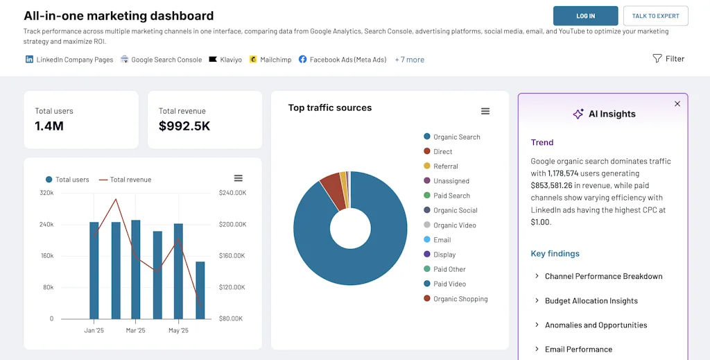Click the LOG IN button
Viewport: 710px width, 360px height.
pyautogui.click(x=585, y=16)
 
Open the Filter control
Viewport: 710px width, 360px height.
pyautogui.click(x=668, y=59)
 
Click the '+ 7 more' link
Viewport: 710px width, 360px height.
pyautogui.click(x=409, y=60)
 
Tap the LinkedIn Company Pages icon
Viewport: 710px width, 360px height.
pyautogui.click(x=29, y=60)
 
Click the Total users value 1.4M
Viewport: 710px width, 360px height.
pyautogui.click(x=49, y=126)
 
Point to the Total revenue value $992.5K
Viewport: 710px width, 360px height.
pyautogui.click(x=184, y=126)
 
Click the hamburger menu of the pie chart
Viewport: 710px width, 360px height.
pyautogui.click(x=485, y=112)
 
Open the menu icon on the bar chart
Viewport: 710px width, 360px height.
pyautogui.click(x=238, y=178)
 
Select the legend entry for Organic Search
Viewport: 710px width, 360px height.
pyautogui.click(x=456, y=137)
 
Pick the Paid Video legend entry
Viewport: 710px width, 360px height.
pyautogui.click(x=449, y=284)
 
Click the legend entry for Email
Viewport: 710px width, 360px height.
pyautogui.click(x=442, y=240)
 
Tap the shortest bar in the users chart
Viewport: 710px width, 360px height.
pyautogui.click(x=200, y=290)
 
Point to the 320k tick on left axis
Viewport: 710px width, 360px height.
pyautogui.click(x=46, y=193)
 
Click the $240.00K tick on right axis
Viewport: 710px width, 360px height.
pyautogui.click(x=232, y=193)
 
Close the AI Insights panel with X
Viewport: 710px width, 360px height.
pyautogui.click(x=677, y=104)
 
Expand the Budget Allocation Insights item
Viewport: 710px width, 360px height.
pyautogui.click(x=591, y=301)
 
